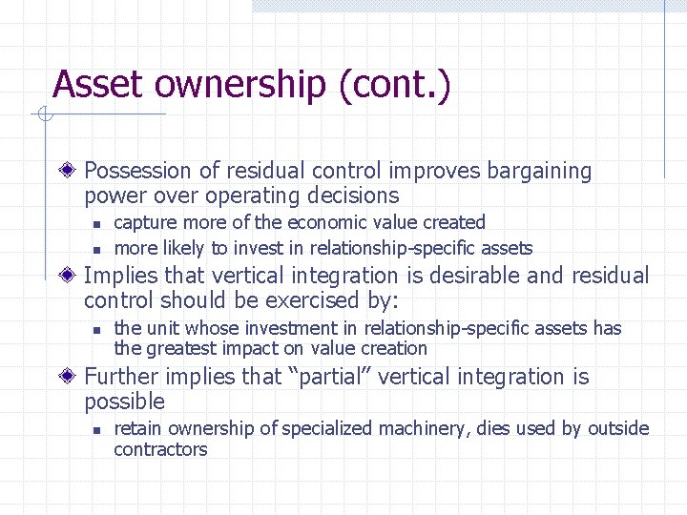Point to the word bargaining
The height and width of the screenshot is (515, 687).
539,172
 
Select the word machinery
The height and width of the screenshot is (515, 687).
421,429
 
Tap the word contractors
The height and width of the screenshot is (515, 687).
160,449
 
